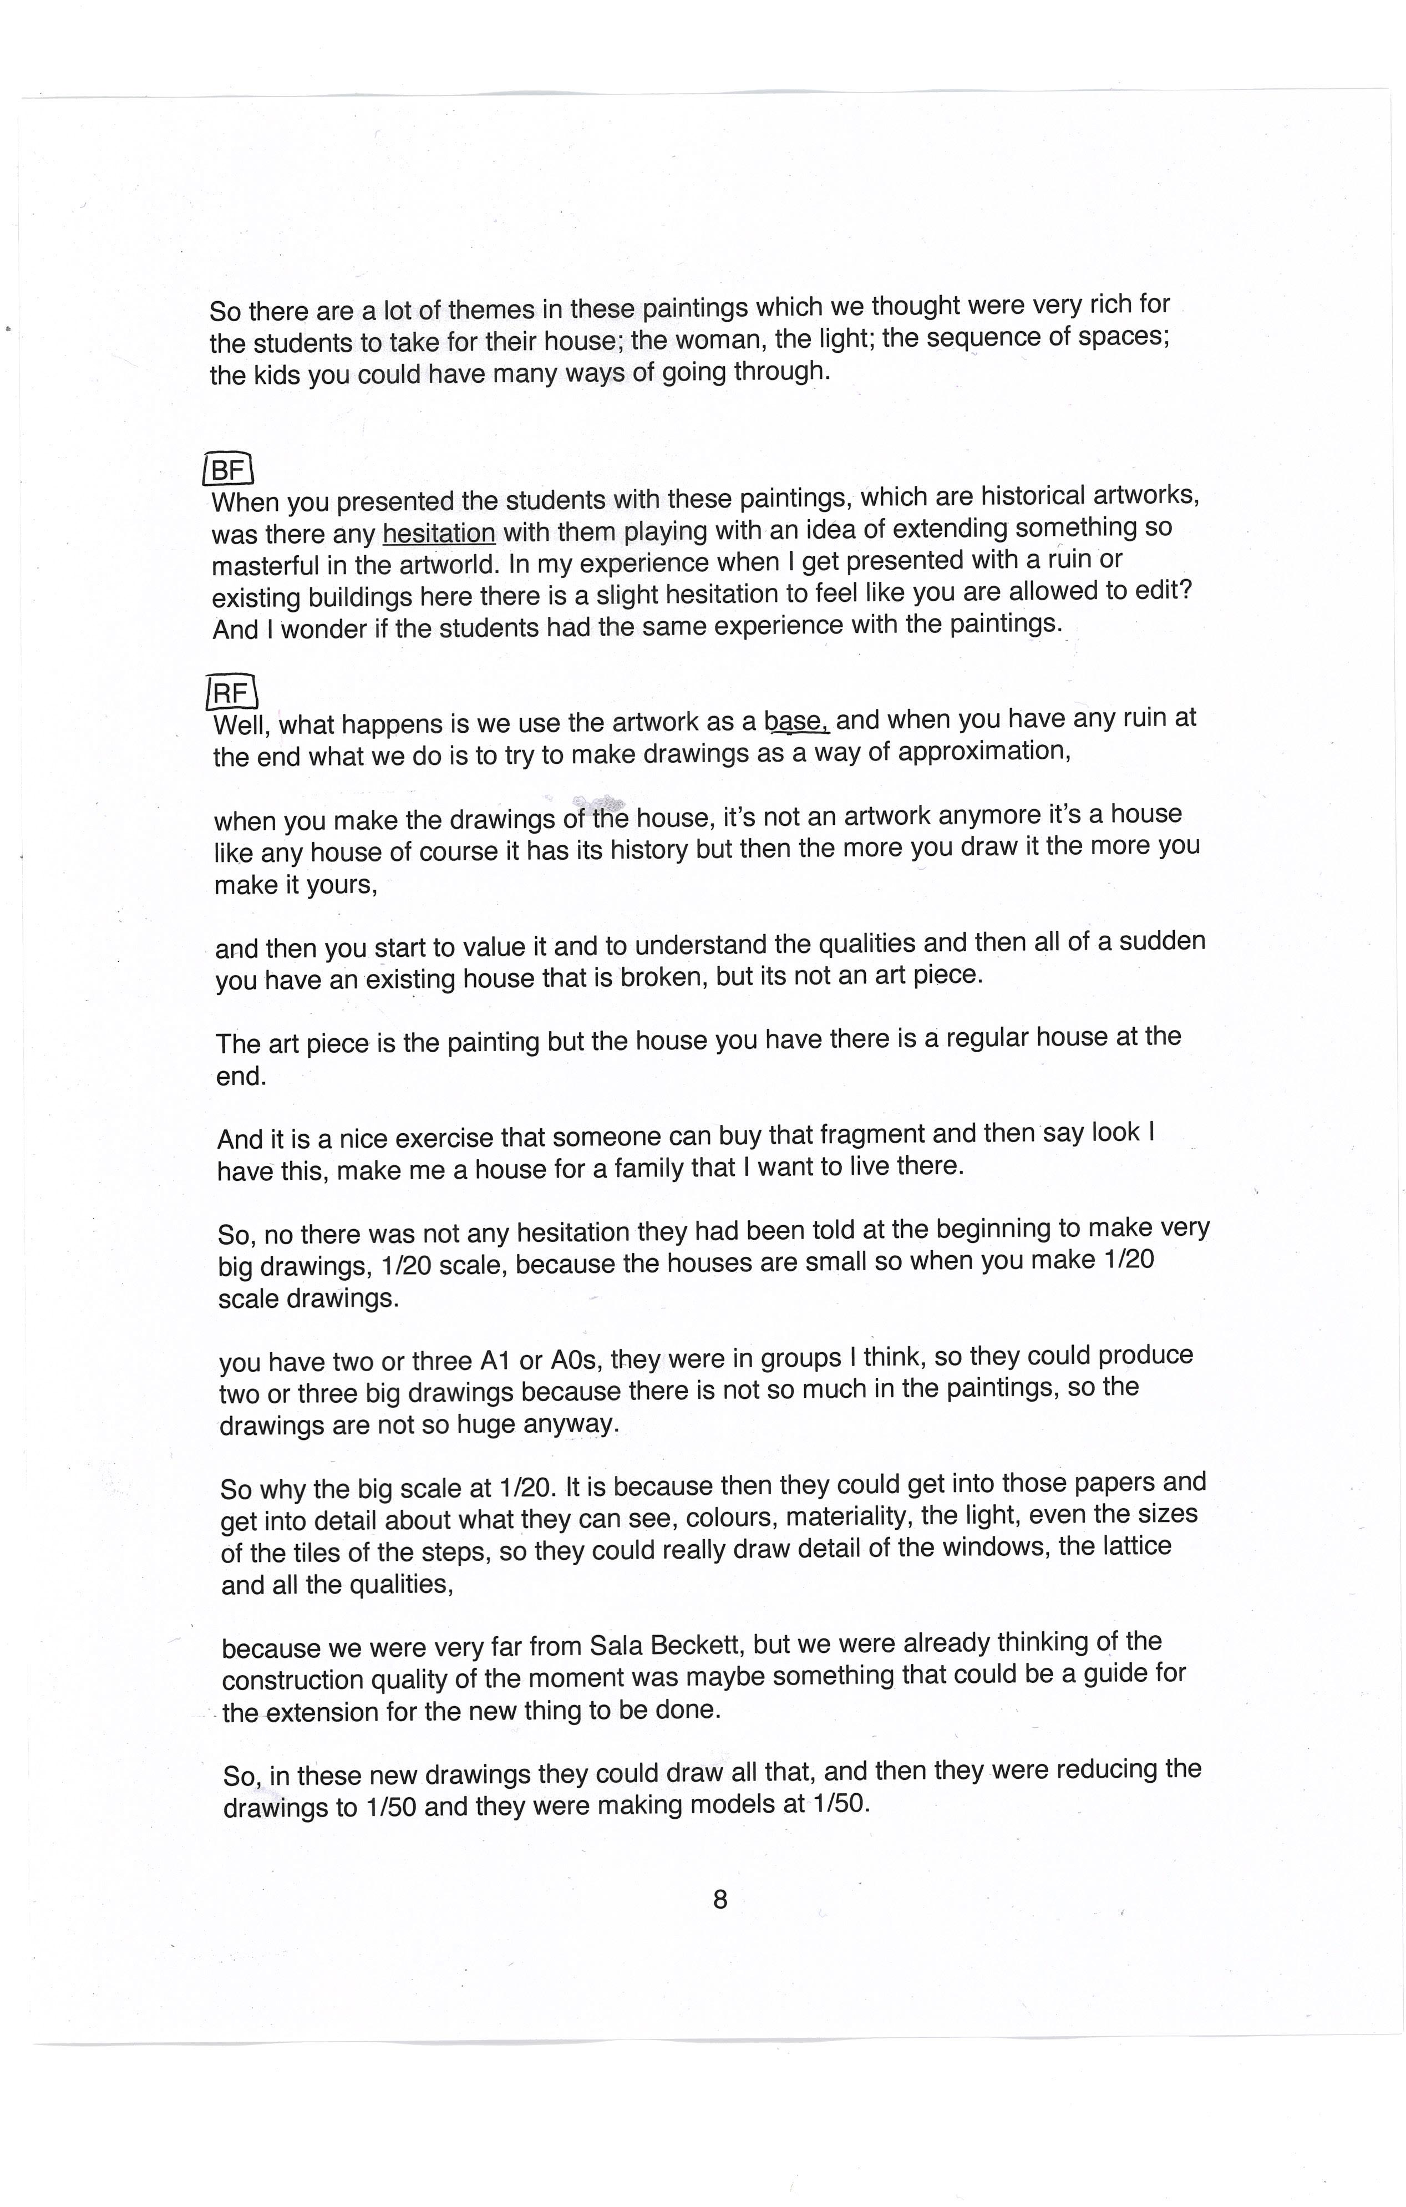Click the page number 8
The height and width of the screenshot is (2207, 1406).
pyautogui.click(x=719, y=1900)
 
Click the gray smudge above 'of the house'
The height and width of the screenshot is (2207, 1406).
pyautogui.click(x=600, y=804)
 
